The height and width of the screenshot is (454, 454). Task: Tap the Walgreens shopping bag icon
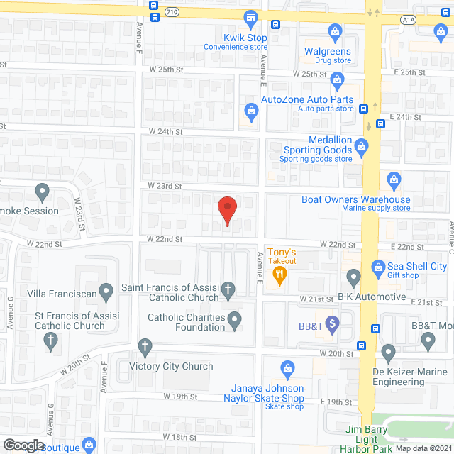tap(335, 31)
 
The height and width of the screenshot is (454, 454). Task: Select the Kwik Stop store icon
tap(250, 17)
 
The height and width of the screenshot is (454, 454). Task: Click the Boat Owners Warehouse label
tap(355, 200)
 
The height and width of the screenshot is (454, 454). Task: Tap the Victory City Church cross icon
tap(145, 348)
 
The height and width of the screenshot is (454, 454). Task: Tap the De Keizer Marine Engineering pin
tap(388, 350)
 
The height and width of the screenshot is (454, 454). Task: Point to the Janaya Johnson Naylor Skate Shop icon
tap(287, 368)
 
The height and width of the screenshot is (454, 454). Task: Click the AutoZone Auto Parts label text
tap(306, 99)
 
